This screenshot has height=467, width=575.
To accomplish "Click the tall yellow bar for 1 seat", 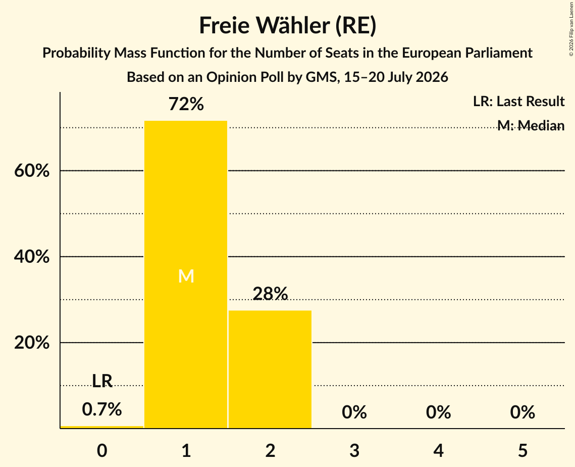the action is click(x=186, y=274).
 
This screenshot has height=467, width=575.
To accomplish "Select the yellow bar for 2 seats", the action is click(x=270, y=369).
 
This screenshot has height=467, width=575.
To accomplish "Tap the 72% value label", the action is click(x=186, y=104).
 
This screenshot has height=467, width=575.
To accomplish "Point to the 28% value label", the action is click(x=270, y=294).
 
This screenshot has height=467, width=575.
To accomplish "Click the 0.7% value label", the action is click(x=102, y=409).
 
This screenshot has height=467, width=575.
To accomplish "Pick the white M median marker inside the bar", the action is click(x=186, y=276).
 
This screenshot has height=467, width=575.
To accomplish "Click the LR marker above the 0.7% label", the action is click(x=102, y=381).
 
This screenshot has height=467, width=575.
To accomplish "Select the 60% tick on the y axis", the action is click(x=32, y=171).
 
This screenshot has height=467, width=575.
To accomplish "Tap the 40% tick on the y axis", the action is click(x=32, y=257).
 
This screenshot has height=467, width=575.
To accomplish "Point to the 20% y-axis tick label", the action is click(x=32, y=343).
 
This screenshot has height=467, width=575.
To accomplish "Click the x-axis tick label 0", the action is click(x=102, y=450).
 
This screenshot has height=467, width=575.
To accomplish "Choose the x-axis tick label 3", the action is click(x=354, y=450).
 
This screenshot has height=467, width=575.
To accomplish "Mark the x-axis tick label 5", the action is click(x=522, y=450).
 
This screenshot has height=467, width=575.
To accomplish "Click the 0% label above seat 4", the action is click(x=439, y=412).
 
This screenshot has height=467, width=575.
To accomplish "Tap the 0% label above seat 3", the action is click(x=354, y=412).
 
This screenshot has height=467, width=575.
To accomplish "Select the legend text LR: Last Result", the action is click(x=519, y=101).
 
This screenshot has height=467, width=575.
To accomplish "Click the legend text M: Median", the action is click(x=531, y=125).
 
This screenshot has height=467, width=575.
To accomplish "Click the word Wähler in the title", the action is click(x=293, y=26).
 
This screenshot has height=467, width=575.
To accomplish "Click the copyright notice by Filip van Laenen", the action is click(x=571, y=29).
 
